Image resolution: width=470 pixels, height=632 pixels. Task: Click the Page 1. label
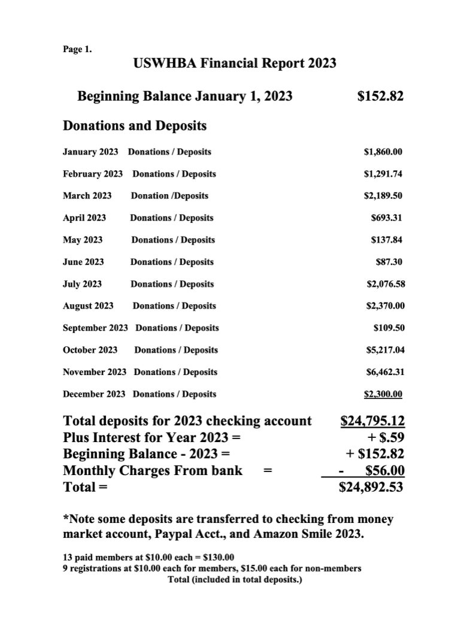pos(77,50)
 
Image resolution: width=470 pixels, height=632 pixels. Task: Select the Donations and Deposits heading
pos(135,126)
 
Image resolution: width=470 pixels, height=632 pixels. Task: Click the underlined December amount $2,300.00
pos(383,394)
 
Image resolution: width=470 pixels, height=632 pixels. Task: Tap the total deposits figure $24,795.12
pos(372,421)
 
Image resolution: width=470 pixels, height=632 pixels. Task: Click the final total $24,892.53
pos(371,488)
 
